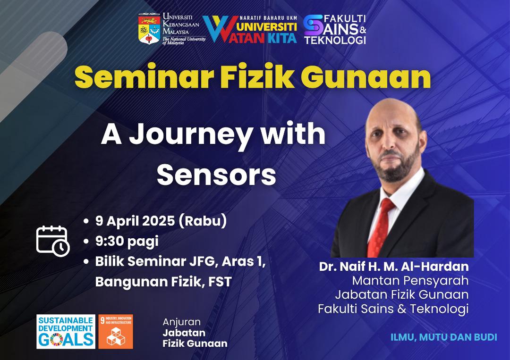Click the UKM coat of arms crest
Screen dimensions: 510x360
[149, 29]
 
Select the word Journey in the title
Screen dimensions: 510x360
[191, 135]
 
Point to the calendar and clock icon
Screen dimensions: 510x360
[53, 241]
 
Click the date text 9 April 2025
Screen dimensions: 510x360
[135, 221]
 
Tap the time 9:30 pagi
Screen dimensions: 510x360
[127, 242]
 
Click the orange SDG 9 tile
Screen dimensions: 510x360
[116, 331]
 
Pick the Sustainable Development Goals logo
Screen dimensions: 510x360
[66, 331]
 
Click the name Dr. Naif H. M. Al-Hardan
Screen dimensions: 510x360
[394, 267]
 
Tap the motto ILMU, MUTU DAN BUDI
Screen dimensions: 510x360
[443, 337]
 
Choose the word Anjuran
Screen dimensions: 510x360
[181, 322]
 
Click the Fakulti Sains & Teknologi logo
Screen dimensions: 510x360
[335, 29]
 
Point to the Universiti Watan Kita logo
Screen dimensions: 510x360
[250, 29]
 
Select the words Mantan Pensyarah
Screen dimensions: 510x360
[410, 280]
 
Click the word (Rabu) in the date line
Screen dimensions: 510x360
[203, 221]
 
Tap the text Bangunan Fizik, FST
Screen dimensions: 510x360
[163, 281]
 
